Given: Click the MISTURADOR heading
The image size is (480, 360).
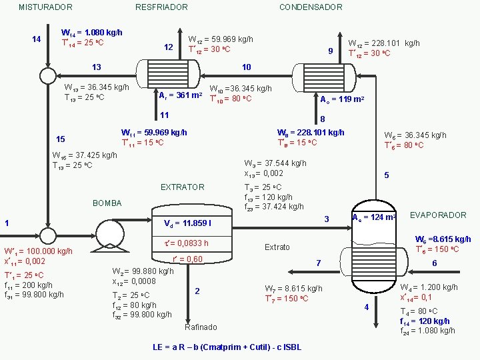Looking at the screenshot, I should tap(45, 7).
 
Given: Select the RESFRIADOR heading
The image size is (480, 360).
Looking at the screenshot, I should tap(161, 7).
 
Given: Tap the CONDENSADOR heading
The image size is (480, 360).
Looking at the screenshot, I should tap(311, 7).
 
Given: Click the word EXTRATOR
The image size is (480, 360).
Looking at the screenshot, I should tap(183, 187).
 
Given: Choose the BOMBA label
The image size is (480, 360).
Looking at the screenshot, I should tap(107, 202).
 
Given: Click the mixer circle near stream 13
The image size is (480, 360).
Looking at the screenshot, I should tap(47, 75).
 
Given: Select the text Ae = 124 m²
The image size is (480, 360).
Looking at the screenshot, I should tap(374, 217).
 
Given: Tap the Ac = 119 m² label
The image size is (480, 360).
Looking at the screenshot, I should tap(341, 100).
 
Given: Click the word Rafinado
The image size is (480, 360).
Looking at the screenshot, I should tap(200, 327).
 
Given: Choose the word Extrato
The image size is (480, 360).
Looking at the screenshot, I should tap(277, 247).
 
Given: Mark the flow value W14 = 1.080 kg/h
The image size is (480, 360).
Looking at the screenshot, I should tap(91, 32).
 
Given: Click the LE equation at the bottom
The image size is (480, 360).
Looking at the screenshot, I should tap(227, 347).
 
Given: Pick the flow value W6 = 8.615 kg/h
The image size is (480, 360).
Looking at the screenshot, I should tap(443, 239).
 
